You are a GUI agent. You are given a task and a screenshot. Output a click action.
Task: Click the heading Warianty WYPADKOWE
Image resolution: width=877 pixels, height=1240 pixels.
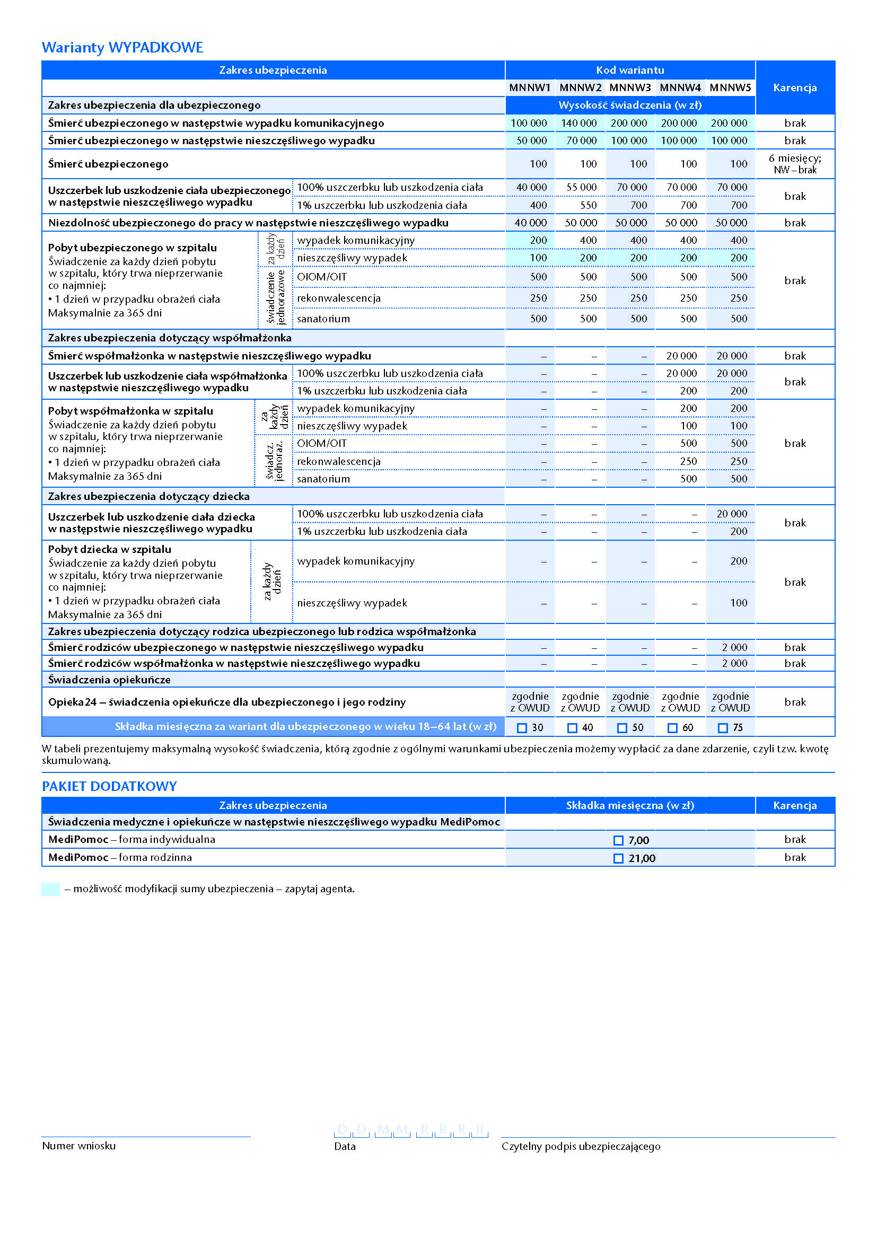(x=122, y=48)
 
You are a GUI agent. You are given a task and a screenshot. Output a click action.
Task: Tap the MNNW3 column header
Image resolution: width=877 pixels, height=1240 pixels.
(x=630, y=87)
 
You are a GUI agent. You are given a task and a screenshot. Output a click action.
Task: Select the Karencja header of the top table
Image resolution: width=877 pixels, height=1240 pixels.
(x=794, y=87)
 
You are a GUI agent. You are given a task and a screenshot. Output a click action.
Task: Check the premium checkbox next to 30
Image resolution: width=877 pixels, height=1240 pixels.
(x=522, y=728)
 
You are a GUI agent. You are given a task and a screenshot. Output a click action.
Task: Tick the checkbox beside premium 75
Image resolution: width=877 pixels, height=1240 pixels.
(x=723, y=728)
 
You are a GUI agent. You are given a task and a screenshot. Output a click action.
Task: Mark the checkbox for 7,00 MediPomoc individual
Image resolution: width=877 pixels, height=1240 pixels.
(x=618, y=840)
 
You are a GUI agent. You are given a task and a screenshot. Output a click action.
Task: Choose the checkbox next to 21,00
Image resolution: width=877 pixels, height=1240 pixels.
(x=618, y=858)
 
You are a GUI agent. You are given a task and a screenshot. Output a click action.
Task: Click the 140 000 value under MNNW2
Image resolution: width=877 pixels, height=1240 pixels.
(x=579, y=123)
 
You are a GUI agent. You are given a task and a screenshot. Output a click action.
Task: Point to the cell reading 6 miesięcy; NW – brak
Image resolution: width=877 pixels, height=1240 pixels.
(x=794, y=164)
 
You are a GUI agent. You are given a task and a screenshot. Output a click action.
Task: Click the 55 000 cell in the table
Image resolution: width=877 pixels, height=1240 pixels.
(x=581, y=187)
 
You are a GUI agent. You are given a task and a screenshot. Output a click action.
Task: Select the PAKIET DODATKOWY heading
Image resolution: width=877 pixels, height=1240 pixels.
(x=110, y=786)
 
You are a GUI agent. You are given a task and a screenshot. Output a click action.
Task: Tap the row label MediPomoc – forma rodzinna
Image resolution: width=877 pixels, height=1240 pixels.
(x=120, y=858)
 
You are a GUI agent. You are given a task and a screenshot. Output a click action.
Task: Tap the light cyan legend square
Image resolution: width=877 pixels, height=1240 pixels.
(x=51, y=889)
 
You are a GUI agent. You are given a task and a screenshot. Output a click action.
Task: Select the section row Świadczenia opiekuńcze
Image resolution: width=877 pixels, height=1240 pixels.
(x=109, y=680)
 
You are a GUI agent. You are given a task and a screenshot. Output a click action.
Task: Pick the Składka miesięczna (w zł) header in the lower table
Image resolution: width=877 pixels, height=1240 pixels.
(x=630, y=805)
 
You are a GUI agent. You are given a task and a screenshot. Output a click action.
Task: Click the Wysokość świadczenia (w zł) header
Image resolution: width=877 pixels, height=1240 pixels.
(x=630, y=105)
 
